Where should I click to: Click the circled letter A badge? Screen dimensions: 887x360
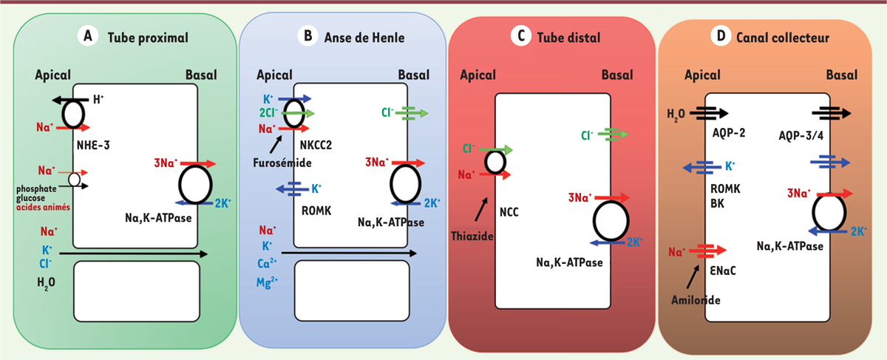[x=87, y=36]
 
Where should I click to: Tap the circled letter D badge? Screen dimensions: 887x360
[x=721, y=36]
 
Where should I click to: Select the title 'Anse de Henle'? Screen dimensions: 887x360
[x=364, y=38]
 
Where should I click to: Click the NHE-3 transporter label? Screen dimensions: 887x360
[x=93, y=146]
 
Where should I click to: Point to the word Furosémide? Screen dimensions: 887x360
[x=282, y=163]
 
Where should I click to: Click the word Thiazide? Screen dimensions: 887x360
[x=472, y=236]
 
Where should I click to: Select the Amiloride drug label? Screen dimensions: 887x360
[x=696, y=300]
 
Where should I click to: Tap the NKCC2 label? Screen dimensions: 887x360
[x=316, y=146]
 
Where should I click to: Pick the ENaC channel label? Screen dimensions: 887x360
[x=723, y=271]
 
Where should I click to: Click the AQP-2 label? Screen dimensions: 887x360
[x=729, y=132]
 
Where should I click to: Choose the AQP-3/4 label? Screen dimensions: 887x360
[x=801, y=136]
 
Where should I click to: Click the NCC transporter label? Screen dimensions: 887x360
[x=509, y=212]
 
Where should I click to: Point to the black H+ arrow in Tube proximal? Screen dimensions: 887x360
[x=70, y=101]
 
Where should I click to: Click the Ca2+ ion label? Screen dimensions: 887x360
[x=267, y=263]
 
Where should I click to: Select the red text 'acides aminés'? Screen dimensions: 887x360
[x=43, y=207]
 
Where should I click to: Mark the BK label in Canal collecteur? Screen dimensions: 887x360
[x=717, y=203]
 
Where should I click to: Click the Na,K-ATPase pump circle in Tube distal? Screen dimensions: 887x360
[x=611, y=221]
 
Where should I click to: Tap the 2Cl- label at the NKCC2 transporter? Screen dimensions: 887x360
[x=268, y=113]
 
